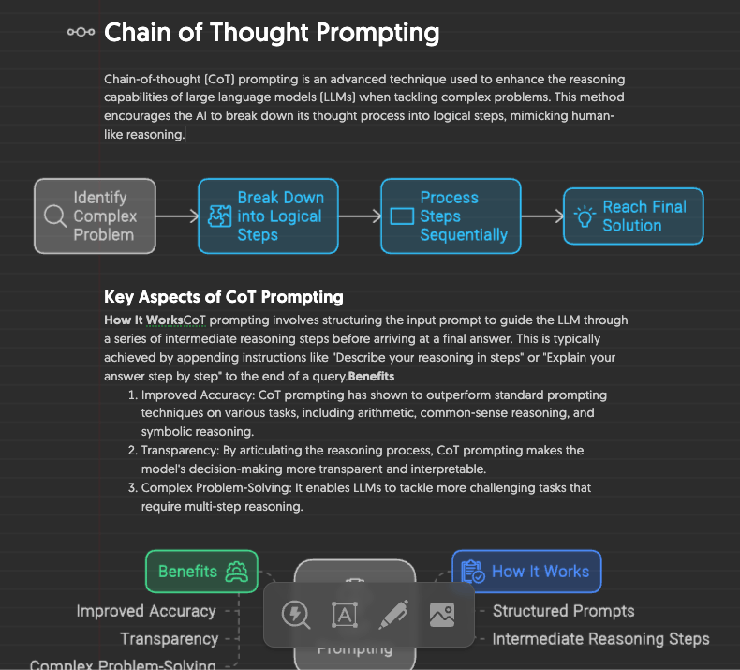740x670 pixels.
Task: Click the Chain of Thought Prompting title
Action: (272, 33)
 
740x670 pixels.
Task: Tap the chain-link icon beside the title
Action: (81, 33)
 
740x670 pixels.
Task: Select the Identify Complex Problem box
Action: (95, 216)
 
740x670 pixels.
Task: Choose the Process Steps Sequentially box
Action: (451, 216)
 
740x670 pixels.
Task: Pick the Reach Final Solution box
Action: (633, 216)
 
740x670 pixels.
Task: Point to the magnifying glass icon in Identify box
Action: (55, 216)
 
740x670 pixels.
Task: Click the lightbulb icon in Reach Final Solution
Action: (585, 216)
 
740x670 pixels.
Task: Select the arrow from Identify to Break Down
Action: (177, 216)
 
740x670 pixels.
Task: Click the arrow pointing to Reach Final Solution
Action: (541, 216)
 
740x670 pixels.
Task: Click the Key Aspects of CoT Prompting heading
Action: (224, 297)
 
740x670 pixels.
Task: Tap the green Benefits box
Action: (201, 571)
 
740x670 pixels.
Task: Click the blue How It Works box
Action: (526, 571)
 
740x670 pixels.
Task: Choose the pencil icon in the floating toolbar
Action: (393, 615)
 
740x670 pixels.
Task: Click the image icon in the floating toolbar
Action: (441, 615)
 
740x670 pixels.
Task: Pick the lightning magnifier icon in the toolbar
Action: (296, 615)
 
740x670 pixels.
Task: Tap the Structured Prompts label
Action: (563, 611)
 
